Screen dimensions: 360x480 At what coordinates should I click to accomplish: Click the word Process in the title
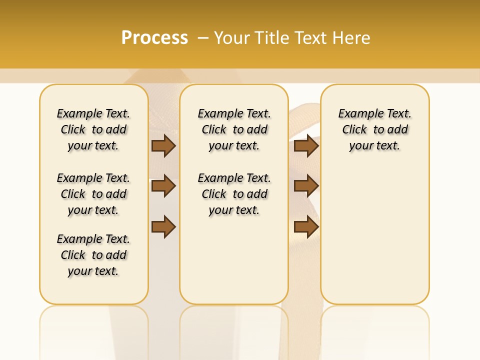point(154,38)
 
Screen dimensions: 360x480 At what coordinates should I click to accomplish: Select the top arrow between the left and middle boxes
point(163,146)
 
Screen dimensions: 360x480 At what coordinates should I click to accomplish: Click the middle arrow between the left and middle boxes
point(163,186)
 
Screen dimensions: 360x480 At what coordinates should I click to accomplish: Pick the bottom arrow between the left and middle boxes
point(163,227)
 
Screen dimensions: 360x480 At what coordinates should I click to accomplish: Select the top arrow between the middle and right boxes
point(306,146)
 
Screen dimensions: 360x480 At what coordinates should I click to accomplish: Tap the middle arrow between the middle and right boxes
point(306,186)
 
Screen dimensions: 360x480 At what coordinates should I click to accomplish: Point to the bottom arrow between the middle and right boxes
point(306,227)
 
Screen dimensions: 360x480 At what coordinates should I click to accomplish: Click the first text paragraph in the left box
point(93,129)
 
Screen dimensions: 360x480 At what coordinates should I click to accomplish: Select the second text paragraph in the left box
point(93,194)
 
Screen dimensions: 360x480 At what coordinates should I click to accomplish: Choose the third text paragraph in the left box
point(93,255)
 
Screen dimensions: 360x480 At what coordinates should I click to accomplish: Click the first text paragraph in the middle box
point(234,129)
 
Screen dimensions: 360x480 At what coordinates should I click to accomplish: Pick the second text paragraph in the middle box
point(234,194)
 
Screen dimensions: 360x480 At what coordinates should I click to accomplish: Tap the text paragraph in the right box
point(374,129)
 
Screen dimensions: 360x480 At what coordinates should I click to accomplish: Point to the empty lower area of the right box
point(374,235)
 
